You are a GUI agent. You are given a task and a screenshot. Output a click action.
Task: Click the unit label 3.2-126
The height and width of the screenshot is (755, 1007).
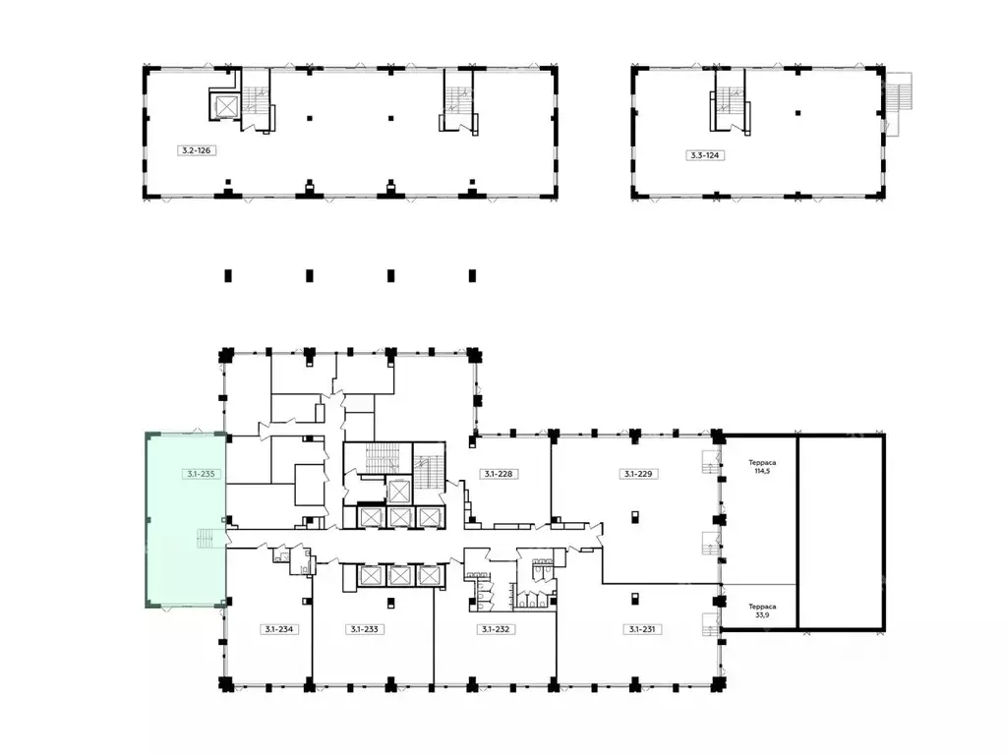tap(196, 150)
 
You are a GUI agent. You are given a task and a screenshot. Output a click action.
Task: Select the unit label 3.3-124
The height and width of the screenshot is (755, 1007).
tap(704, 154)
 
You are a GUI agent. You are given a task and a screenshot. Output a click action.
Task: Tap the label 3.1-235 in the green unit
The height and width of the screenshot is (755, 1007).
tap(201, 474)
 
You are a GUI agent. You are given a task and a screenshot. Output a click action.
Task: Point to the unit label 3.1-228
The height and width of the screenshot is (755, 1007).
tap(498, 474)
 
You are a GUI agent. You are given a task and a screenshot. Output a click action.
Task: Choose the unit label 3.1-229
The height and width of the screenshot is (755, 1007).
tap(637, 474)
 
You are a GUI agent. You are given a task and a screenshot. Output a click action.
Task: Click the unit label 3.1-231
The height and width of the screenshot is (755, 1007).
tap(642, 629)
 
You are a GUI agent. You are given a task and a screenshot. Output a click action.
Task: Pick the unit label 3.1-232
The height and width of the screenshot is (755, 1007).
tap(496, 629)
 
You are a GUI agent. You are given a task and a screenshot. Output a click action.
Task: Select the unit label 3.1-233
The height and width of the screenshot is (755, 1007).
tap(364, 629)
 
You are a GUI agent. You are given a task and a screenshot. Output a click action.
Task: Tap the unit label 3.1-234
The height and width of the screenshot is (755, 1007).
tap(278, 629)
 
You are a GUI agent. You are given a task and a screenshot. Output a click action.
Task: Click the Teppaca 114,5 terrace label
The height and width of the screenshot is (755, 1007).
tap(762, 467)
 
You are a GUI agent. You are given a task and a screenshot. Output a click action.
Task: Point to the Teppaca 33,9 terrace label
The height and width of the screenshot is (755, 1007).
tap(762, 610)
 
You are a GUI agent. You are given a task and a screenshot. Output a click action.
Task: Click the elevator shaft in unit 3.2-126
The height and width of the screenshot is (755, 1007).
tap(226, 106)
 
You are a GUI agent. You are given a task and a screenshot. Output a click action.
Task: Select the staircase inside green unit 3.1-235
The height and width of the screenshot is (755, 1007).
tap(205, 539)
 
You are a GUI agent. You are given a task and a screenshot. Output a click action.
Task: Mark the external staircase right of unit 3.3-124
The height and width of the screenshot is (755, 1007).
tap(898, 103)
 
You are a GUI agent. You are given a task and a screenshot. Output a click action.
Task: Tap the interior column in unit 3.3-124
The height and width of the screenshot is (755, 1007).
tap(798, 113)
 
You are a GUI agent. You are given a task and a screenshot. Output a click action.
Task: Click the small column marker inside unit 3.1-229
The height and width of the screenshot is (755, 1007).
tap(634, 516)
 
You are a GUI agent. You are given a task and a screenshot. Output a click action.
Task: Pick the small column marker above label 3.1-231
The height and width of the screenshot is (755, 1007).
tap(634, 599)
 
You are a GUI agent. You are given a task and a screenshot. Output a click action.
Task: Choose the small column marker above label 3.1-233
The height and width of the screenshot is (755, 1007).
tap(390, 602)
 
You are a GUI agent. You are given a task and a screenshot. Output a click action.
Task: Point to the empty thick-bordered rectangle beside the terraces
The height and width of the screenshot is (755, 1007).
tap(842, 532)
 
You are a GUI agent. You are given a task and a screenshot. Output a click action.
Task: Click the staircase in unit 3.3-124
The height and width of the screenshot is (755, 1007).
tap(730, 101)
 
